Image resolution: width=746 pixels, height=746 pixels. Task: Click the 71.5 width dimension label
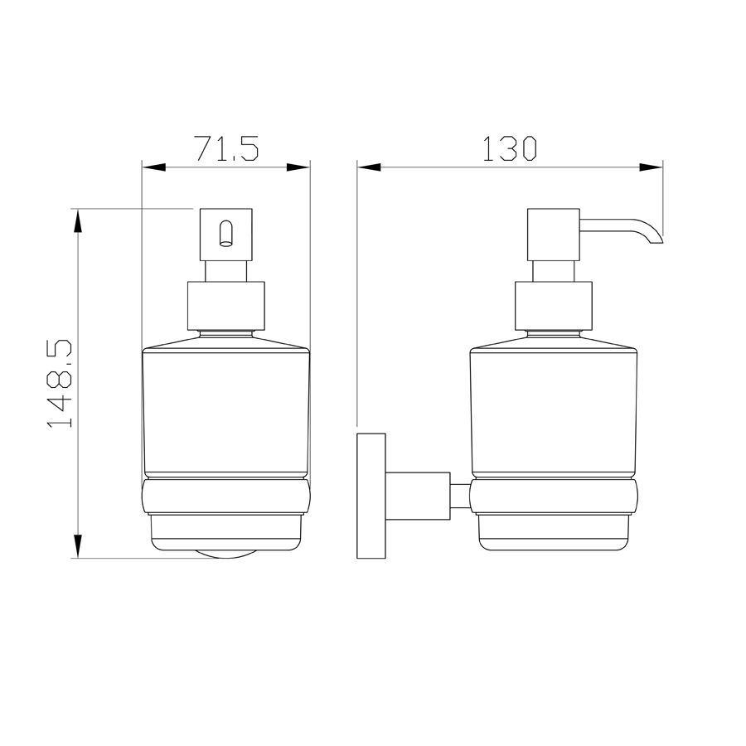(x=226, y=148)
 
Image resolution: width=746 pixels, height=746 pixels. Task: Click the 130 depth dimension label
(x=510, y=148)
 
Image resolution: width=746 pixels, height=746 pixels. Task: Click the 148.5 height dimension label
(x=60, y=384)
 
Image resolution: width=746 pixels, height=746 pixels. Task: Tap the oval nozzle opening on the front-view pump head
(x=226, y=233)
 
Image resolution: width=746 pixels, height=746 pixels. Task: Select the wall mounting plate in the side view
(x=371, y=496)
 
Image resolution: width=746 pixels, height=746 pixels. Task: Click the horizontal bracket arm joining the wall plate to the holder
(x=418, y=496)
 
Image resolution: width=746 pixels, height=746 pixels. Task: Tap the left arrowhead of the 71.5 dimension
(x=153, y=167)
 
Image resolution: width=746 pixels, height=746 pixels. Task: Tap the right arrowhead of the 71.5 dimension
(x=298, y=167)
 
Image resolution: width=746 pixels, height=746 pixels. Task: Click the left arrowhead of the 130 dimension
(x=369, y=167)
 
